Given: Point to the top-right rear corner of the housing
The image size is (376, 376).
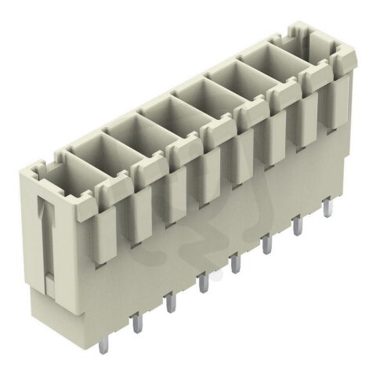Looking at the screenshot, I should (x=345, y=31).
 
